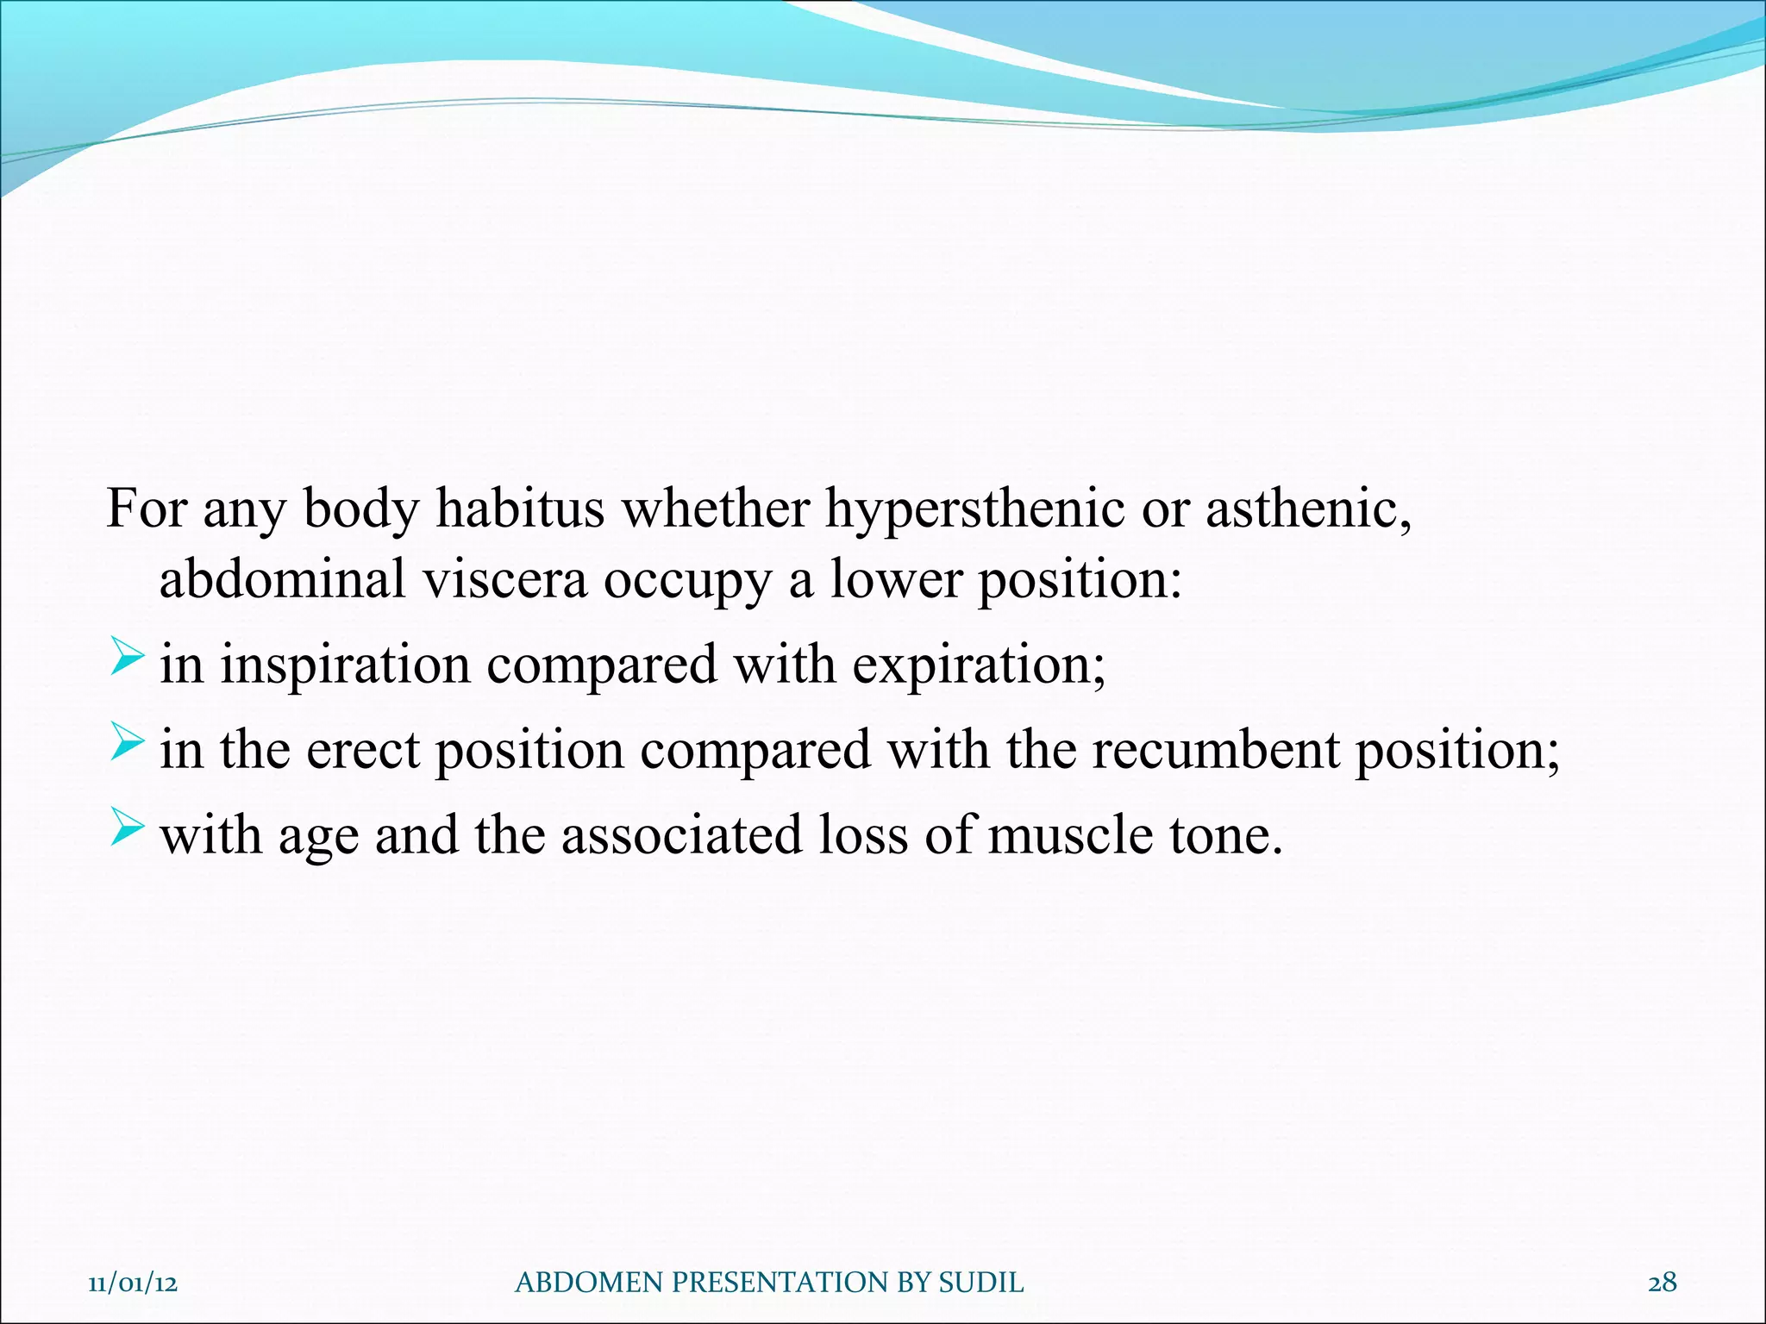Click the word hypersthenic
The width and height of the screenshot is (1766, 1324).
pyautogui.click(x=974, y=510)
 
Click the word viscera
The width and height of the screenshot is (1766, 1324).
pyautogui.click(x=504, y=579)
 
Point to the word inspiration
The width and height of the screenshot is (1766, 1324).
pyautogui.click(x=345, y=665)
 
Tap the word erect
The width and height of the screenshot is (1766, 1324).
pyautogui.click(x=362, y=750)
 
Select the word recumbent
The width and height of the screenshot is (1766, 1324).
pyautogui.click(x=1215, y=750)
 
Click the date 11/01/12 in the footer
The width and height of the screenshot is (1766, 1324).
pyautogui.click(x=133, y=1283)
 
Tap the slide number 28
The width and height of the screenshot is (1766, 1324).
pyautogui.click(x=1662, y=1283)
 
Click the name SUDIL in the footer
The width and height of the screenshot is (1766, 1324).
pyautogui.click(x=980, y=1283)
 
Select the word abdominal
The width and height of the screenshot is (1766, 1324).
pyautogui.click(x=283, y=579)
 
